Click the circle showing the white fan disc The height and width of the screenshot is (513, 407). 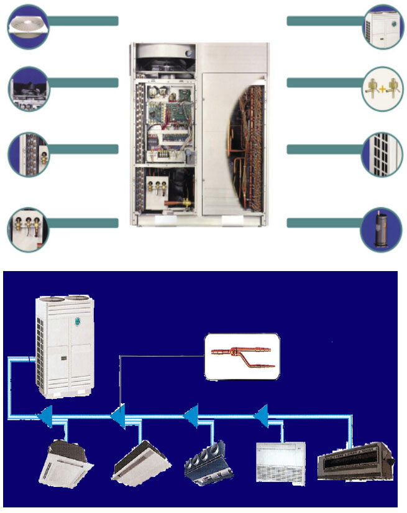[28, 26]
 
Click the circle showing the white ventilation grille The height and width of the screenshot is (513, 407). [382, 154]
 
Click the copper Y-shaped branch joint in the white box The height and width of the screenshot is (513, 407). [242, 357]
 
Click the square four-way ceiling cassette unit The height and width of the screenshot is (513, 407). [65, 463]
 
